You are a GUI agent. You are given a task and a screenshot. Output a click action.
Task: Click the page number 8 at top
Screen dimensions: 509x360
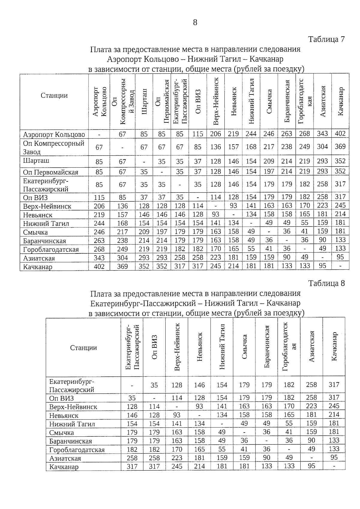pyautogui.click(x=195, y=22)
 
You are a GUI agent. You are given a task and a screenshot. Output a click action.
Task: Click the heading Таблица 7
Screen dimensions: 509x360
pyautogui.click(x=326, y=39)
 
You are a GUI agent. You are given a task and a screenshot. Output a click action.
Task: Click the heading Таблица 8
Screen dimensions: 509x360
pyautogui.click(x=326, y=283)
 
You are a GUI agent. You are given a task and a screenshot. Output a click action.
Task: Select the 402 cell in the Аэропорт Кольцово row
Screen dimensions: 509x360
pyautogui.click(x=340, y=134)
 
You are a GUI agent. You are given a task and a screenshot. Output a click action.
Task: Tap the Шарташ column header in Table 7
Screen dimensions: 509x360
pyautogui.click(x=144, y=101)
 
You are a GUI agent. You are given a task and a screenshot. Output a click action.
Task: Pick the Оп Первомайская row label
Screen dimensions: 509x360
pyautogui.click(x=51, y=172)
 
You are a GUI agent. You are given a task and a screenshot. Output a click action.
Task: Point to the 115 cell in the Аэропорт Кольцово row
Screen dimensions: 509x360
pyautogui.click(x=198, y=134)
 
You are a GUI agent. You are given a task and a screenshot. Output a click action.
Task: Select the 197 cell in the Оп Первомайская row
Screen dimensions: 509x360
pyautogui.click(x=269, y=171)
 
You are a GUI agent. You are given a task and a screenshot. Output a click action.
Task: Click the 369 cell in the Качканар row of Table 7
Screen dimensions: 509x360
pyautogui.click(x=122, y=266)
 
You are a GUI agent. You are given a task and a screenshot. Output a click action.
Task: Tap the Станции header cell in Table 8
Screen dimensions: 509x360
pyautogui.click(x=83, y=348)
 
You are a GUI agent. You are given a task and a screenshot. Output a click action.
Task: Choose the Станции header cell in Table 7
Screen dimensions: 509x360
pyautogui.click(x=54, y=95)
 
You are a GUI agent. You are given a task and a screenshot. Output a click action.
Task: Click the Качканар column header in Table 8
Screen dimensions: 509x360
pyautogui.click(x=334, y=346)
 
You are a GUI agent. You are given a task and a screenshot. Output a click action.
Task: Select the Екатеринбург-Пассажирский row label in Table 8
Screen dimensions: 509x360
pyautogui.click(x=72, y=385)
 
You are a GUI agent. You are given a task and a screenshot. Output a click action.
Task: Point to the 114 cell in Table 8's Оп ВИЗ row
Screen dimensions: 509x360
pyautogui.click(x=177, y=398)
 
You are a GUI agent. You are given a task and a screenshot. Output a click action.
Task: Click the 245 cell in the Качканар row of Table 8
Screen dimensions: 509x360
pyautogui.click(x=177, y=466)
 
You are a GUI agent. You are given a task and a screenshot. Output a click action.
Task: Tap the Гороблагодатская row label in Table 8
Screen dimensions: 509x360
pyautogui.click(x=77, y=450)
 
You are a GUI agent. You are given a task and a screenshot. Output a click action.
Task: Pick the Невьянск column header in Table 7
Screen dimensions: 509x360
pyautogui.click(x=233, y=101)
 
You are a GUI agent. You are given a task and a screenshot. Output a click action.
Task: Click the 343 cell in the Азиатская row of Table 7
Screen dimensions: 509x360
pyautogui.click(x=99, y=258)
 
